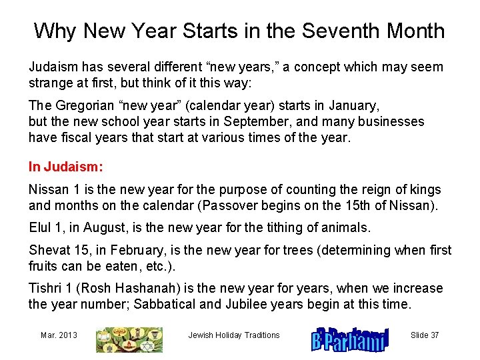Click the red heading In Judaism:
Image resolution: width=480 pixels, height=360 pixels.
point(66,165)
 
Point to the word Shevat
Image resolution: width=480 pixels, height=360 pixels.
point(48,251)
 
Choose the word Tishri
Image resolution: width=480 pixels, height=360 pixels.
point(46,288)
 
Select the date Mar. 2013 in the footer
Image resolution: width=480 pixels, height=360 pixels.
point(59,335)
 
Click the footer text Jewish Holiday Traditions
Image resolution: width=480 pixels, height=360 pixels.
point(234,335)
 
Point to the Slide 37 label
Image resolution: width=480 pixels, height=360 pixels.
point(425,335)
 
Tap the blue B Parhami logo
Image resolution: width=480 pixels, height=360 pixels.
point(349,338)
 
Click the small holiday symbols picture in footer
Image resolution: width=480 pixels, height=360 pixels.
point(129,339)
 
